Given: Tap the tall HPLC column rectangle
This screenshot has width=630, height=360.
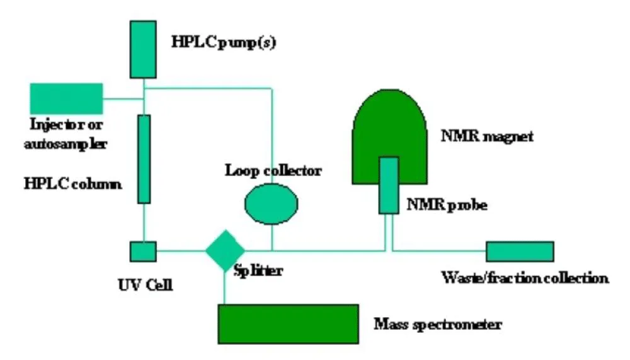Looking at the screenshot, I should click(x=144, y=159).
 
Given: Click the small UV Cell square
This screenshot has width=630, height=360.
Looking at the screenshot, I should click(x=143, y=251).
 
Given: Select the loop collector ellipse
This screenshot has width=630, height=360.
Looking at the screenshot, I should click(x=270, y=203).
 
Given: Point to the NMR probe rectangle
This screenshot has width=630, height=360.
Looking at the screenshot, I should click(x=389, y=185).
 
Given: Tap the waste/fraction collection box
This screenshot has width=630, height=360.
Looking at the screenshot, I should click(x=520, y=251).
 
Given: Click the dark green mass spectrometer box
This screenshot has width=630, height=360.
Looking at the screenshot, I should click(x=289, y=323).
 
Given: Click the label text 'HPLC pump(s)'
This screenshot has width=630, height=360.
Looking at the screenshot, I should click(x=224, y=44).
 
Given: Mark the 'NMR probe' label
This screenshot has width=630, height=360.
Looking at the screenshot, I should click(x=447, y=206).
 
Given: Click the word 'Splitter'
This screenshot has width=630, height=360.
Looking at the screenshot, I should click(x=258, y=271).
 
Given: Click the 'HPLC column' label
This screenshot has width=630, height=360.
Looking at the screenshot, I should click(x=72, y=185).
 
